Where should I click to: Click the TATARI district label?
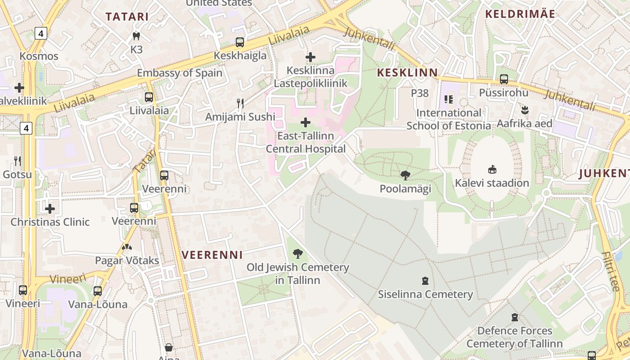[127, 17]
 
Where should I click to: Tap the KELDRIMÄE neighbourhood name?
[520, 13]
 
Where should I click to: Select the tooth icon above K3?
[136, 36]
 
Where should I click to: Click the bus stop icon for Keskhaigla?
[240, 42]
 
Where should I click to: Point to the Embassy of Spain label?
[180, 73]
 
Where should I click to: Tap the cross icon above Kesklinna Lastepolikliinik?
[310, 57]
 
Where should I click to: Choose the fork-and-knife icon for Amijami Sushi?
[240, 103]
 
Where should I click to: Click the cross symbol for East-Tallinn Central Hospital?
[306, 122]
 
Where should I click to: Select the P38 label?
[420, 93]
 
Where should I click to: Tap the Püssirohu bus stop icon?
[504, 79]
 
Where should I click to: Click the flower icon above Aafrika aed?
[525, 110]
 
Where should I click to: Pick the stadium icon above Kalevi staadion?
[492, 170]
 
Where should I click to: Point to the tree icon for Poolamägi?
[405, 175]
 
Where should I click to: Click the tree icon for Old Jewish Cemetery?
[297, 254]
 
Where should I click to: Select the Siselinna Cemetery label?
[425, 294]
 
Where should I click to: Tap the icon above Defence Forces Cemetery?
[515, 317]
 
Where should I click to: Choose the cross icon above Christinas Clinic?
[50, 208]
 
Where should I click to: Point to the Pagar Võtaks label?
[127, 261]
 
